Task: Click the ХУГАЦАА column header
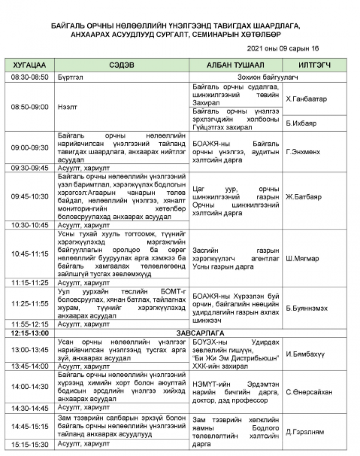tap(30, 65)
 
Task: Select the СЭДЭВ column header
tap(121, 65)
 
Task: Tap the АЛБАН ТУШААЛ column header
tap(236, 65)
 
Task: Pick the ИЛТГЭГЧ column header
tap(314, 65)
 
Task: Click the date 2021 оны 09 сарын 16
tap(283, 49)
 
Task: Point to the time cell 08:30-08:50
tap(30, 77)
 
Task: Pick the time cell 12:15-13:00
tap(30, 333)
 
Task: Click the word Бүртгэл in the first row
tap(70, 77)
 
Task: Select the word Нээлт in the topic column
tap(66, 107)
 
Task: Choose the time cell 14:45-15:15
tap(30, 426)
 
